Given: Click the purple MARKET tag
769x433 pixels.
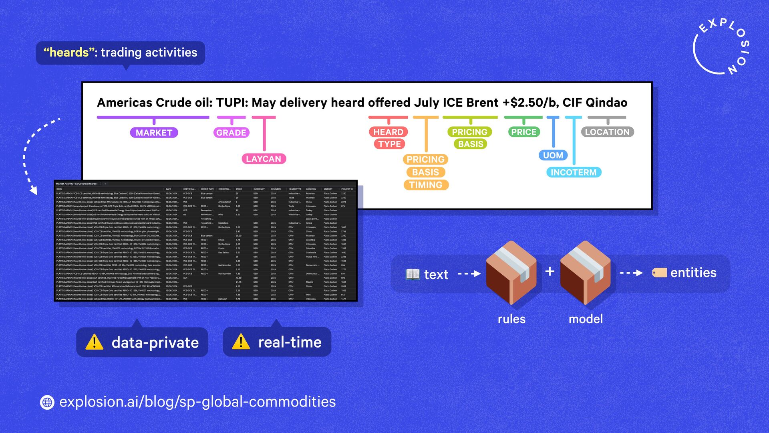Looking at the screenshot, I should click(154, 133).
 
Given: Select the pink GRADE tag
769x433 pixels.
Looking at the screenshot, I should click(231, 133).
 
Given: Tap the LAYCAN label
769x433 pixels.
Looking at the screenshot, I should click(264, 159).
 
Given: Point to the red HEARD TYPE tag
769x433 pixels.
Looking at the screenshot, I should click(389, 138).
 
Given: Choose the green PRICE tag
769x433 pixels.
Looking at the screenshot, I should click(523, 132).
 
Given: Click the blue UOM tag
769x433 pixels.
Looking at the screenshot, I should click(553, 155).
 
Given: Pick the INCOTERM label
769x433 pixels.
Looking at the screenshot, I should click(574, 172).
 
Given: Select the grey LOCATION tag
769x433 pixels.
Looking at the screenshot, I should click(607, 132).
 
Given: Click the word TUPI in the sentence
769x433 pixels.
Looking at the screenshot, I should click(232, 103).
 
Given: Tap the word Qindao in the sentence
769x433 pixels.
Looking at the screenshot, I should click(606, 103).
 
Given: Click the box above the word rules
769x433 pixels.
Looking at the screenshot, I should click(511, 273).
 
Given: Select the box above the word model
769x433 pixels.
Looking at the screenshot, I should click(585, 273).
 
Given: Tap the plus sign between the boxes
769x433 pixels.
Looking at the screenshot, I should click(550, 271).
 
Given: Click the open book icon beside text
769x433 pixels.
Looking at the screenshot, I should click(413, 274).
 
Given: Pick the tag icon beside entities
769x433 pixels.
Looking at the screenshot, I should click(659, 273).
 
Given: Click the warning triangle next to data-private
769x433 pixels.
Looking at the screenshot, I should click(95, 342).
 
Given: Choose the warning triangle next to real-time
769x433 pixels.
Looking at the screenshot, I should click(241, 342).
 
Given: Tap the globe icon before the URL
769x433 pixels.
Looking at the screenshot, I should click(47, 402).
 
